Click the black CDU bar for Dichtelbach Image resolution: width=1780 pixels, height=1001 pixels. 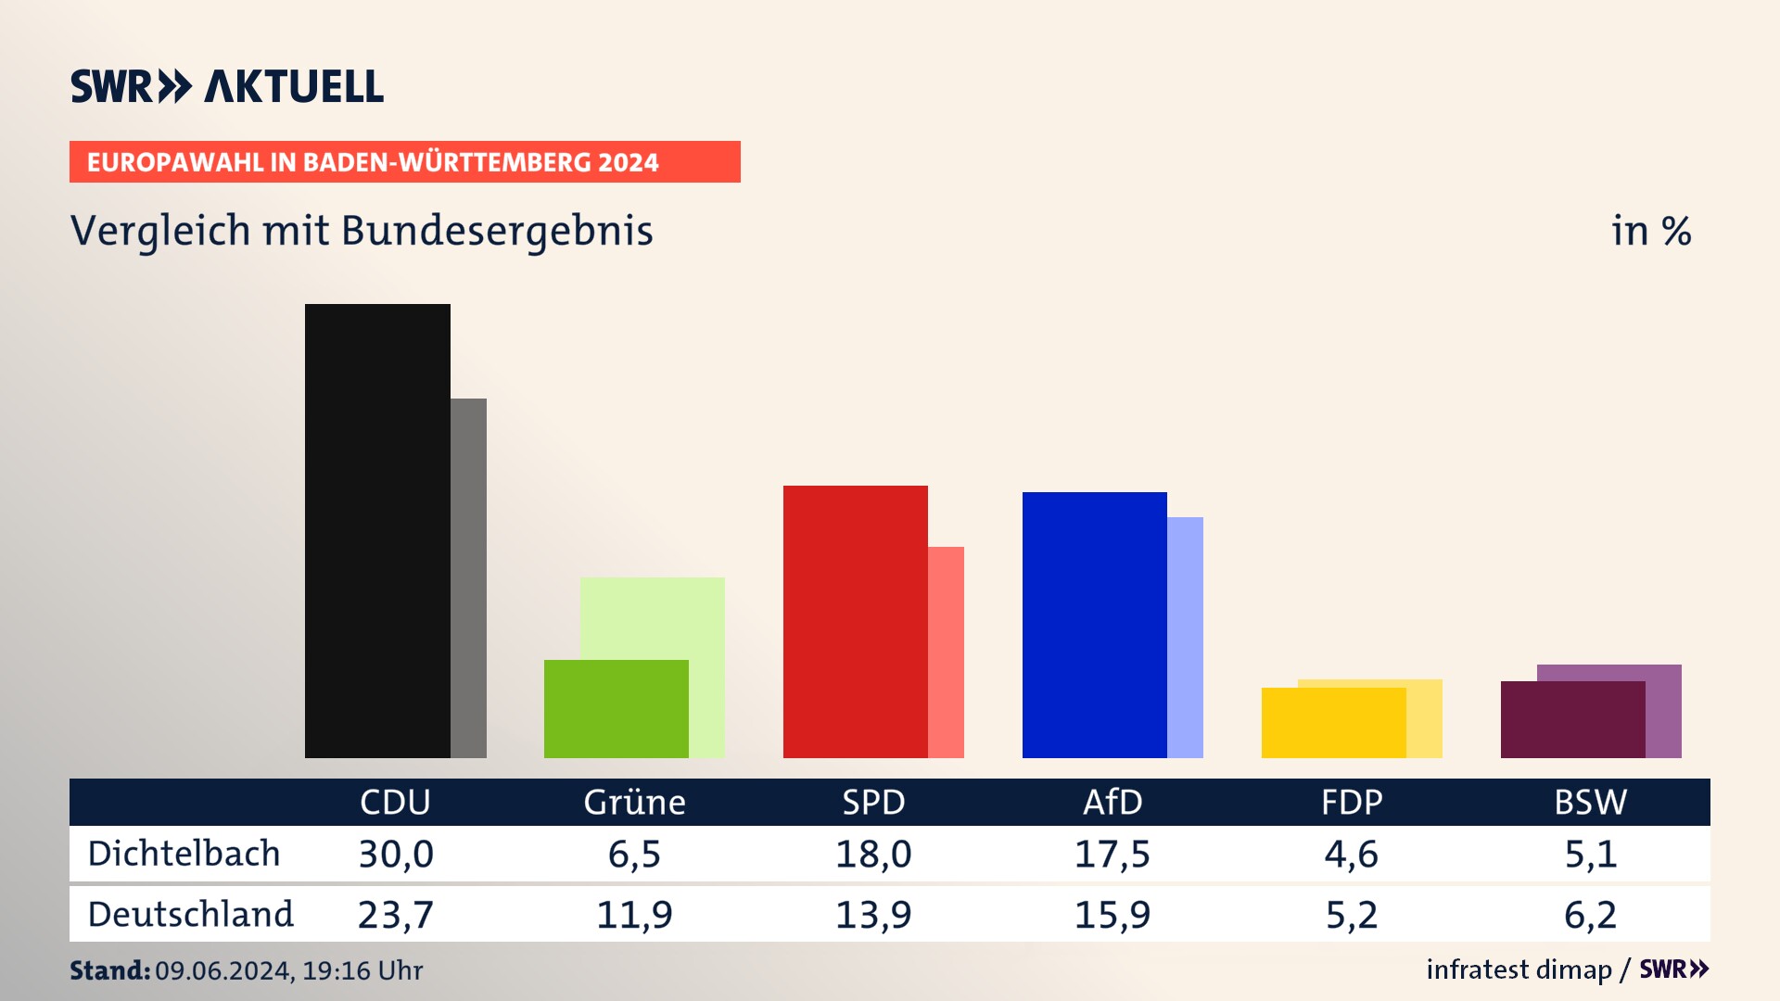(x=377, y=530)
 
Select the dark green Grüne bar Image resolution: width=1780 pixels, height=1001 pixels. (x=616, y=709)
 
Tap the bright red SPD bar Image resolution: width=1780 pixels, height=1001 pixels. (x=855, y=621)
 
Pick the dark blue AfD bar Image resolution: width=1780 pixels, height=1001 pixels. (x=1094, y=625)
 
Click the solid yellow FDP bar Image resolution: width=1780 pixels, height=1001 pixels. (x=1333, y=723)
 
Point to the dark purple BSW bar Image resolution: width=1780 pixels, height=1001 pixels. (x=1572, y=720)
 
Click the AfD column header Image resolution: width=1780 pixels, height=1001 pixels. (x=1112, y=802)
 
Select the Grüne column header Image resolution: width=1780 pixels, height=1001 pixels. (x=634, y=802)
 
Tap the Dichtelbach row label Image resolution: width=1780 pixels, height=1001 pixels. (x=184, y=854)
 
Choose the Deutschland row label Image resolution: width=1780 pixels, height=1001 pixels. (x=190, y=915)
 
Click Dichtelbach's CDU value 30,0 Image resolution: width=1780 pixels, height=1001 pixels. (x=396, y=854)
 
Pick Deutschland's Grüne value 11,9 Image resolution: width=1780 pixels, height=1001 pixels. (x=634, y=915)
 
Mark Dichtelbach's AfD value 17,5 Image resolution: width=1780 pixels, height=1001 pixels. (x=1112, y=854)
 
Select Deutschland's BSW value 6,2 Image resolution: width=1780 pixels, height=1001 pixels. (x=1590, y=915)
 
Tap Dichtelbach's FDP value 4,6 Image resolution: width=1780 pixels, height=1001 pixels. (x=1351, y=854)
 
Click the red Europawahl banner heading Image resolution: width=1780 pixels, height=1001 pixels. (x=404, y=162)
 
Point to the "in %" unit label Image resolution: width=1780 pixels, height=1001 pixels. (x=1650, y=231)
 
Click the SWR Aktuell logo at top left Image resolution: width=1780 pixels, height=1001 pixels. (x=226, y=86)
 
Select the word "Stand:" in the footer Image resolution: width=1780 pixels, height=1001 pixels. (x=109, y=970)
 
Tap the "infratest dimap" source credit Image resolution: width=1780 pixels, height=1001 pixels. (x=1519, y=969)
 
